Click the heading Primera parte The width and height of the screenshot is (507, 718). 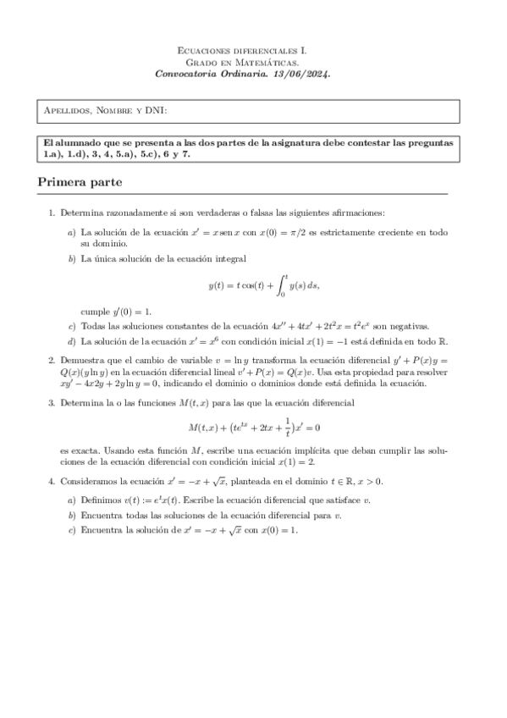[80, 182]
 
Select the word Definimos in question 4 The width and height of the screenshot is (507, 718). [101, 500]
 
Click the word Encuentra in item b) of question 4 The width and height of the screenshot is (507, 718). [102, 515]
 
